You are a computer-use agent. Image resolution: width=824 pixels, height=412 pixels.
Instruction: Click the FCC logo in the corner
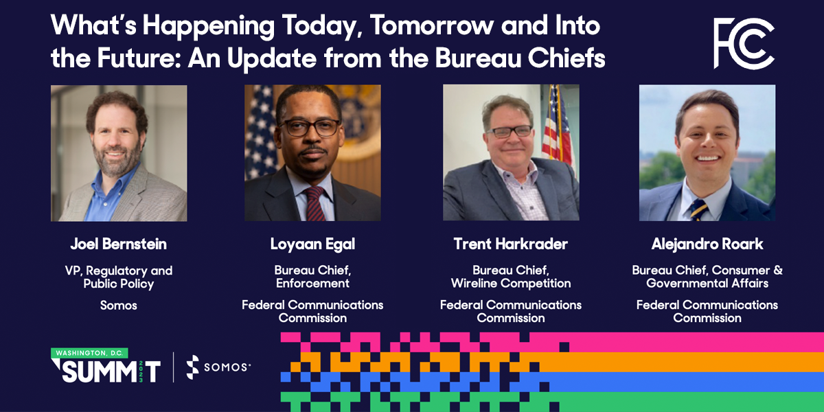click(744, 43)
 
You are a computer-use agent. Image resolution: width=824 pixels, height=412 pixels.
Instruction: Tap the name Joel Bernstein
click(118, 244)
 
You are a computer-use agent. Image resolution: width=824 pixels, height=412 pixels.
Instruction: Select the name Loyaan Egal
click(312, 244)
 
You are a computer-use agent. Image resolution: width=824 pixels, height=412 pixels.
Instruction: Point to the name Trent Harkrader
click(510, 244)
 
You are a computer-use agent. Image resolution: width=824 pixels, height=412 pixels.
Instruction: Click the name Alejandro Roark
click(707, 244)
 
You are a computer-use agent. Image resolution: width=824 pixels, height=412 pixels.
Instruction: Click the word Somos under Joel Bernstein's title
click(118, 306)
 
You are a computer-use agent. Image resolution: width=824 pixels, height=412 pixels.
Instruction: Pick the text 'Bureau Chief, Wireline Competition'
click(510, 277)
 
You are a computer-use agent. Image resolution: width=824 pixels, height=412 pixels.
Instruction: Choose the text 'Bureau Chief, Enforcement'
click(312, 277)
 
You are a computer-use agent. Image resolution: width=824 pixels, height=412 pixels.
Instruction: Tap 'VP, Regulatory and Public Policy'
click(118, 277)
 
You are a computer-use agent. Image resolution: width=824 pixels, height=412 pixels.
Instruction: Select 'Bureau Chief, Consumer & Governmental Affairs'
click(707, 277)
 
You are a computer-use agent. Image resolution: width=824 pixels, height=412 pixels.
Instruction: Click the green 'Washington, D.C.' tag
click(89, 353)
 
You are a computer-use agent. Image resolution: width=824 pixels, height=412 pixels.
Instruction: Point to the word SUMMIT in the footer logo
click(103, 371)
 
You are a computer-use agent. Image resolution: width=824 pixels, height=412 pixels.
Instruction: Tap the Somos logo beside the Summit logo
click(218, 367)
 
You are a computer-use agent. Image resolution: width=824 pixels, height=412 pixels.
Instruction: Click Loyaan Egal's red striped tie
click(315, 202)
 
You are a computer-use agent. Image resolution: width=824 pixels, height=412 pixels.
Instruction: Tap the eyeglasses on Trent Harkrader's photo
click(508, 130)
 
